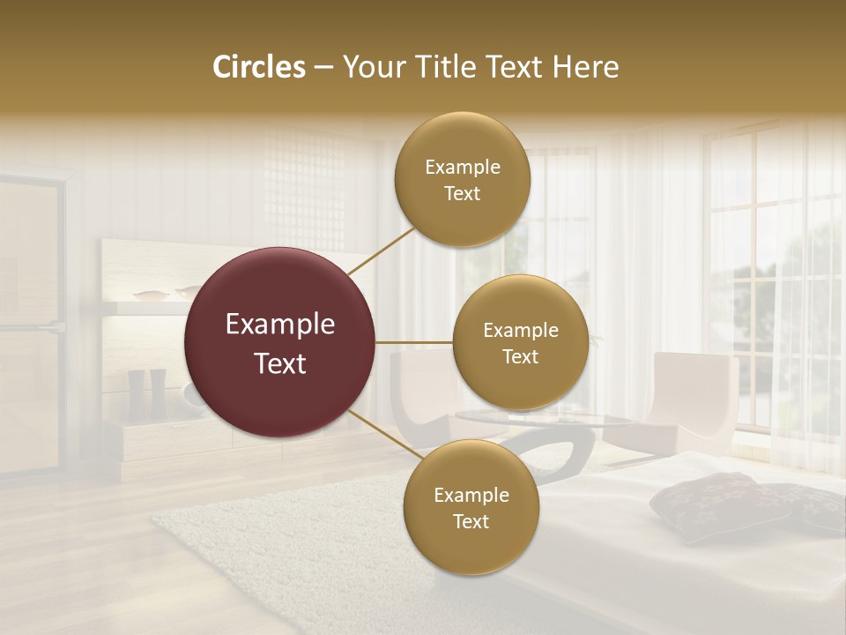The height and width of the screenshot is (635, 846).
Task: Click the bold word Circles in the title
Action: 259,67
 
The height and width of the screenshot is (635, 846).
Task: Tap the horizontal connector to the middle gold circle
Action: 413,342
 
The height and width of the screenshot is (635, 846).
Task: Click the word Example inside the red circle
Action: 279,325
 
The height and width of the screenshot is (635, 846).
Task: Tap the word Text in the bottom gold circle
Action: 471,521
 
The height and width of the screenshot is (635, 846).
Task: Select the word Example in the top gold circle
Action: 462,168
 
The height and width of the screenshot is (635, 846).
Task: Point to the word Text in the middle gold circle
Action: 520,356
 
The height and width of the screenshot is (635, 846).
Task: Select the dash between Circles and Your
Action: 323,67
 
